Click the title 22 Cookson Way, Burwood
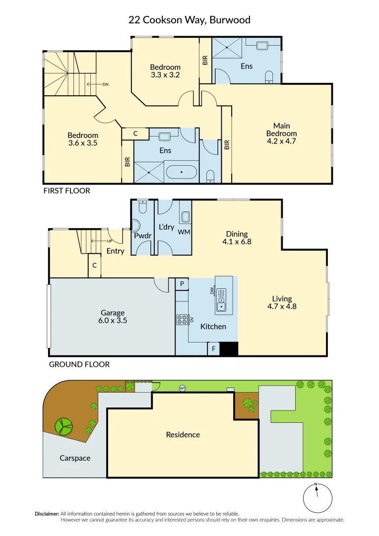click(189, 20)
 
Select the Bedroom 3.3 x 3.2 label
click(165, 71)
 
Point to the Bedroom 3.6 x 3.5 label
click(83, 139)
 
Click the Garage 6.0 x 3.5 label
click(113, 317)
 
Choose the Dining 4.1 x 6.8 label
click(237, 238)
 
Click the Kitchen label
click(213, 327)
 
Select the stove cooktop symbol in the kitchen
click(182, 320)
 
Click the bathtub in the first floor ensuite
click(181, 173)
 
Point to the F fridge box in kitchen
click(213, 349)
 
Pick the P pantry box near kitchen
click(182, 284)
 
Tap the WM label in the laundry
click(184, 232)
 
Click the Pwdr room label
click(142, 236)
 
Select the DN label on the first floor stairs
click(105, 84)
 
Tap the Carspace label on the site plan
click(75, 458)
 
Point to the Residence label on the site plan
click(183, 435)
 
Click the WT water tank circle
click(183, 388)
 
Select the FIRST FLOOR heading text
click(67, 191)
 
